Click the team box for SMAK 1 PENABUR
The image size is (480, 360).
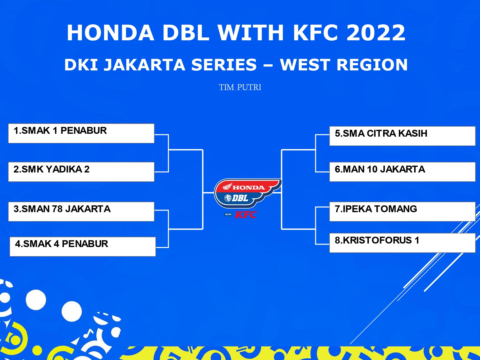pyautogui.click(x=81, y=133)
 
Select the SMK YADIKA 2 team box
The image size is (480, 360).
pyautogui.click(x=81, y=172)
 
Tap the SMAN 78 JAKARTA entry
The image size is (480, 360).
pyautogui.click(x=81, y=212)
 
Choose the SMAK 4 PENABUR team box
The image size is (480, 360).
pyautogui.click(x=83, y=246)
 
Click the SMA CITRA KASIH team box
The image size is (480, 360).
pyautogui.click(x=402, y=136)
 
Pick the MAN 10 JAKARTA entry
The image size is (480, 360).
pyautogui.click(x=402, y=172)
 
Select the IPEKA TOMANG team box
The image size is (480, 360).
pyautogui.click(x=402, y=212)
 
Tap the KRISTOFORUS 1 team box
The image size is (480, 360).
pyautogui.click(x=402, y=243)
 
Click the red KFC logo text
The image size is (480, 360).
pyautogui.click(x=246, y=215)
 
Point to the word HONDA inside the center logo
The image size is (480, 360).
pyautogui.click(x=249, y=188)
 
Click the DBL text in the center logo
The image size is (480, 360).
pyautogui.click(x=240, y=198)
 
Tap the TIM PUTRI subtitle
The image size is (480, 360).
pyautogui.click(x=240, y=87)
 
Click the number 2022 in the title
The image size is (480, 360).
pyautogui.click(x=376, y=33)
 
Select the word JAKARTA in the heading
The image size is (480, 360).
pyautogui.click(x=145, y=65)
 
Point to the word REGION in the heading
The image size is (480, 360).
pyautogui.click(x=372, y=65)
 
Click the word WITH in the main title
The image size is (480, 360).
pyautogui.click(x=251, y=33)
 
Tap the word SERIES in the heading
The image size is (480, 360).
pyautogui.click(x=224, y=65)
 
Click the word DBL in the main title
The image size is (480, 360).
pyautogui.click(x=185, y=33)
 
